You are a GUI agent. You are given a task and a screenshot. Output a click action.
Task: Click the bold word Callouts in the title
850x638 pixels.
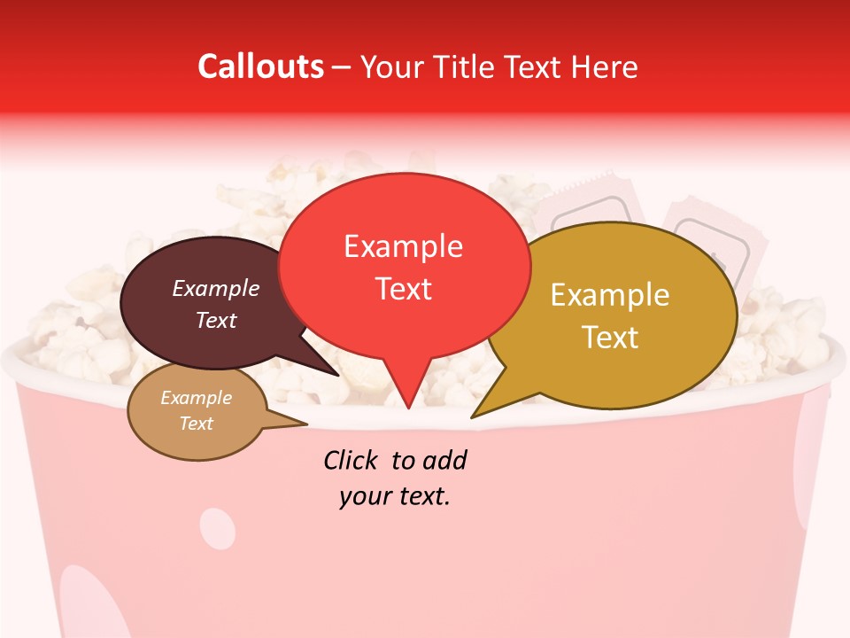(x=260, y=66)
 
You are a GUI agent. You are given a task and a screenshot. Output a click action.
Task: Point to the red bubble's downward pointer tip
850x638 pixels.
(x=407, y=406)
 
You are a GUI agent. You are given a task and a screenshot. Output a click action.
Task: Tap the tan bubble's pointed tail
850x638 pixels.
(x=301, y=424)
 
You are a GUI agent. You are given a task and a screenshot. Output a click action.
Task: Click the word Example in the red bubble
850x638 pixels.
(x=404, y=246)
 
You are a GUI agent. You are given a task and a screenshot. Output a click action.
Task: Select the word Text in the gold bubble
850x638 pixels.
(x=610, y=338)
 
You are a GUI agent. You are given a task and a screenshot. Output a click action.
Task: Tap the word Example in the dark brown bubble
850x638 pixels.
(x=216, y=288)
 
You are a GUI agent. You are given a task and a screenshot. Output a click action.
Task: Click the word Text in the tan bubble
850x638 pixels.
(x=197, y=424)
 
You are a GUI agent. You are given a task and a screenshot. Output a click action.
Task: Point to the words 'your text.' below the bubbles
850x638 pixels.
(x=395, y=496)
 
